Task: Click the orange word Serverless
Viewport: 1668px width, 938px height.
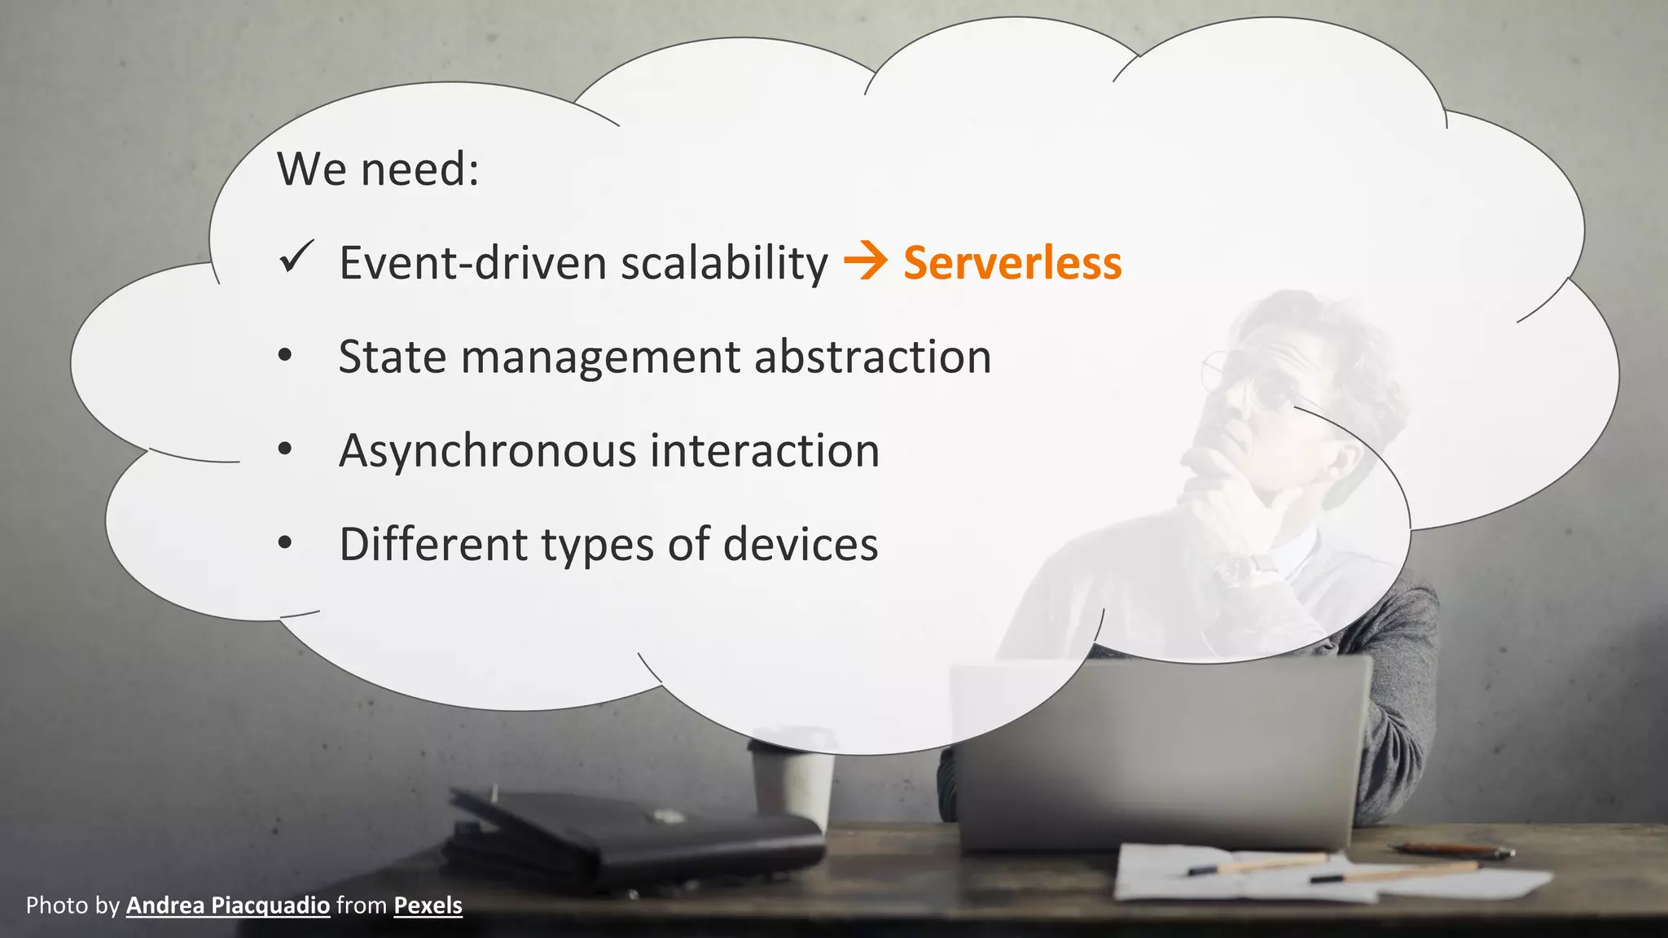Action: coord(1012,263)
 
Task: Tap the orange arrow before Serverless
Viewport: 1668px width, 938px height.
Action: coord(865,262)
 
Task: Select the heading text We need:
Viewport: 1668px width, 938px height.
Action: coord(378,169)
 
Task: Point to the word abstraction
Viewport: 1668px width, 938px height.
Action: coord(872,357)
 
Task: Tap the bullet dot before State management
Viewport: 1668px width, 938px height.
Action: coord(284,357)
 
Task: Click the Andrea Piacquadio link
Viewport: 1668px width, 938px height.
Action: coord(228,905)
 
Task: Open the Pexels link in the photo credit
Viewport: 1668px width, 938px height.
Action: coord(428,905)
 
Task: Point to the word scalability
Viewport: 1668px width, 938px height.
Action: coord(724,263)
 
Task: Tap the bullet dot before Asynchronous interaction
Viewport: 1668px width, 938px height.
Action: coord(284,450)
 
